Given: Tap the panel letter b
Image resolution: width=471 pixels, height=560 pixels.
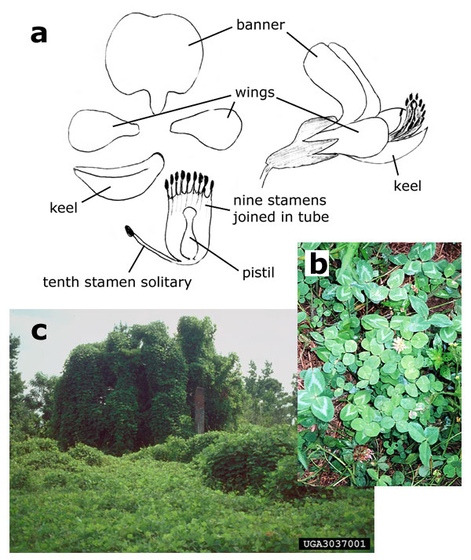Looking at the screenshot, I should [x=318, y=264].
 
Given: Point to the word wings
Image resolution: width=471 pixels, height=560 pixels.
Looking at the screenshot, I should [x=252, y=92].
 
